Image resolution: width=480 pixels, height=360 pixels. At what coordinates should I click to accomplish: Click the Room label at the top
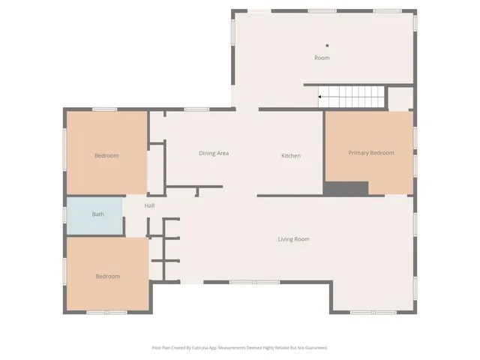(x=322, y=58)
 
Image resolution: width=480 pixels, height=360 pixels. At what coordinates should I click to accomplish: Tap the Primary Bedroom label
(x=370, y=153)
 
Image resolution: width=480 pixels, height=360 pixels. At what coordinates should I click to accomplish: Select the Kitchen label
(x=291, y=156)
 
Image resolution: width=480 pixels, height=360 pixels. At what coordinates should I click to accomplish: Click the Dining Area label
(x=214, y=154)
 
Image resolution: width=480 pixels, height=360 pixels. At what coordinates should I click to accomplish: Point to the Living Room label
(x=293, y=239)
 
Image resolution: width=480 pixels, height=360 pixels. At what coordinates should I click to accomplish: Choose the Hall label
(x=150, y=205)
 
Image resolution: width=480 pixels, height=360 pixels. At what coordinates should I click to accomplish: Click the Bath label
(x=98, y=214)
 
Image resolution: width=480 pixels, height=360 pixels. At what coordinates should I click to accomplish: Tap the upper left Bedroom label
(x=106, y=156)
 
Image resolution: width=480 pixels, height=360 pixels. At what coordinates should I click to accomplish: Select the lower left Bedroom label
(x=107, y=277)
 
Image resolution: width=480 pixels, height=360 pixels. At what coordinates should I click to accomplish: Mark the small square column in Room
(x=327, y=45)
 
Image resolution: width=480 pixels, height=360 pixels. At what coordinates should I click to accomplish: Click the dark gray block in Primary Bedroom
(x=346, y=189)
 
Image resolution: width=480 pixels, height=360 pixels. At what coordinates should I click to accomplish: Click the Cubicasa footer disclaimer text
(x=240, y=348)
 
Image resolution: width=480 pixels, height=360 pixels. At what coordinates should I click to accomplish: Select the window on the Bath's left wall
(x=64, y=215)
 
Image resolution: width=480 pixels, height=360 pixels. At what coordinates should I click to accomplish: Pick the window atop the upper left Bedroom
(x=104, y=109)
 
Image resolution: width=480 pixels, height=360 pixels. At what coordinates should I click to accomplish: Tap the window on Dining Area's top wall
(x=196, y=109)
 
